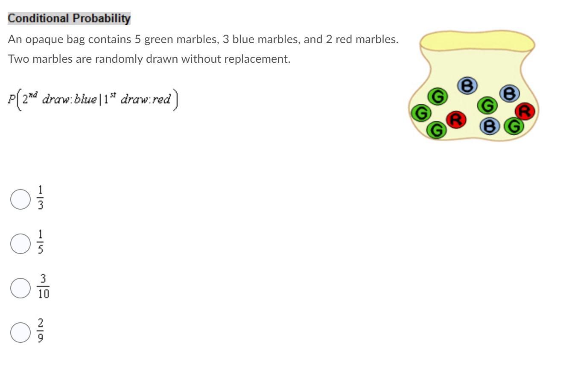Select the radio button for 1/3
point(20,199)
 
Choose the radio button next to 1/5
point(20,243)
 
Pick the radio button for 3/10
point(20,288)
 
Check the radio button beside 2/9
point(20,332)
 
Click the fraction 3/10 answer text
point(43,288)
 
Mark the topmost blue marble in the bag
point(466,86)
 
